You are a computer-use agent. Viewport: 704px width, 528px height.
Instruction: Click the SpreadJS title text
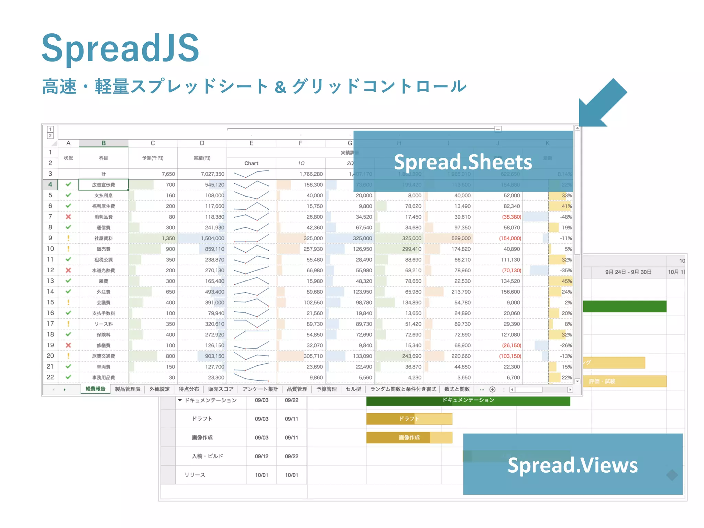pos(120,48)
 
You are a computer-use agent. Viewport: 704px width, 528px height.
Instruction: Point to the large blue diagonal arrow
pos(602,103)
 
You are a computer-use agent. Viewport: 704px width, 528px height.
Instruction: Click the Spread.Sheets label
pos(463,162)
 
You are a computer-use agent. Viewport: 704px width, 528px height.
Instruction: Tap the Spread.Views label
pos(572,465)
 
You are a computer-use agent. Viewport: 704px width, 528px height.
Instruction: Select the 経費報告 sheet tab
pos(96,389)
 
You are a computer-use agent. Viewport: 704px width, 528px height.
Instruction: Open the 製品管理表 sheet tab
pos(128,389)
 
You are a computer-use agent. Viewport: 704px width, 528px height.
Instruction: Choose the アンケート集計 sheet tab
pos(260,389)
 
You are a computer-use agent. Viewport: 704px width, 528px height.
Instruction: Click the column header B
pos(103,143)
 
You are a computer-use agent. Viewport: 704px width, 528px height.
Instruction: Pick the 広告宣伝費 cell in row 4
pos(103,185)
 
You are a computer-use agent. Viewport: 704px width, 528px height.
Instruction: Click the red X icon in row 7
pos(68,217)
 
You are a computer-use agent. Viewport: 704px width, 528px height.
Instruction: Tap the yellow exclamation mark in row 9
pos(68,238)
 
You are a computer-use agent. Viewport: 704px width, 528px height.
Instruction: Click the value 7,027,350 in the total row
pos(212,174)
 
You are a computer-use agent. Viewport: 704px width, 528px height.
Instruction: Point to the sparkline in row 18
pos(251,334)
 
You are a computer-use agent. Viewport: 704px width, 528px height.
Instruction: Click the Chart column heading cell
pos(251,163)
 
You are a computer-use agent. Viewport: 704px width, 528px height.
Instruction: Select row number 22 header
pos(50,377)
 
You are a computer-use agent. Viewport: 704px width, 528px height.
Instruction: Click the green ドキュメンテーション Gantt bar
pos(468,400)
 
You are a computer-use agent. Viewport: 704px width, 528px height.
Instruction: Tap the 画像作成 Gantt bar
pos(409,438)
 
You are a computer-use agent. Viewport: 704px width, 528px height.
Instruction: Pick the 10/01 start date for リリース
pos(261,475)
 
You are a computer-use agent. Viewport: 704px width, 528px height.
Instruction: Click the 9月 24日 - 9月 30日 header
pos(628,272)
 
